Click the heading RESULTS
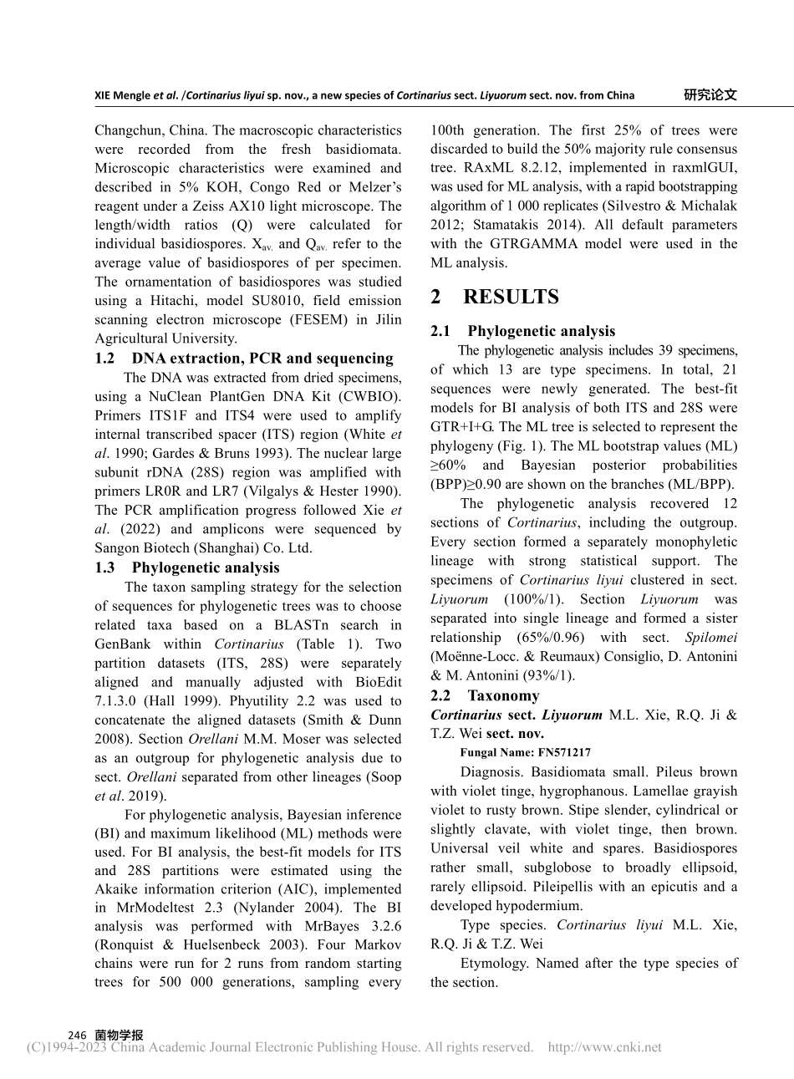pos(511,297)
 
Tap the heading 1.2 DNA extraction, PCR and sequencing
pos(244,359)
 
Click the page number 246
pos(77,1035)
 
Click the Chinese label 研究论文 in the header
pos(710,94)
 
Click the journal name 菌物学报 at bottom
pos(120,1035)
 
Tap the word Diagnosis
pos(491,772)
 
